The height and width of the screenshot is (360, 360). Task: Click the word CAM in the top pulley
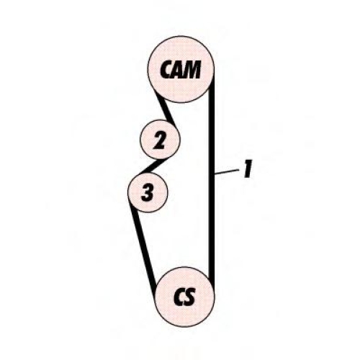(x=180, y=70)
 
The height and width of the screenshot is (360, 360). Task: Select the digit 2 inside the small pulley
(x=160, y=140)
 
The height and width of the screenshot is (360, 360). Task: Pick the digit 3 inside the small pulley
(x=148, y=192)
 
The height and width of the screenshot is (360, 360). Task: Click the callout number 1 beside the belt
(x=248, y=169)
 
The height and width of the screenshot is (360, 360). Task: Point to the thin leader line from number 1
(x=227, y=171)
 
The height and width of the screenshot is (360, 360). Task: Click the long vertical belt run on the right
(x=212, y=178)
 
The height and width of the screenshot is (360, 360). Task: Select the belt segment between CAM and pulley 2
(x=166, y=110)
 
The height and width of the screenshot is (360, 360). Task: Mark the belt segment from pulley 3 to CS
(x=143, y=246)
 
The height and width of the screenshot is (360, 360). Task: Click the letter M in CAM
(x=192, y=70)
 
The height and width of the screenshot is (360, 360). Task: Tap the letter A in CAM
(x=177, y=70)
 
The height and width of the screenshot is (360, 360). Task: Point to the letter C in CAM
(x=166, y=70)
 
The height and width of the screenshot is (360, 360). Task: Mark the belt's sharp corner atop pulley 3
(x=140, y=174)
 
